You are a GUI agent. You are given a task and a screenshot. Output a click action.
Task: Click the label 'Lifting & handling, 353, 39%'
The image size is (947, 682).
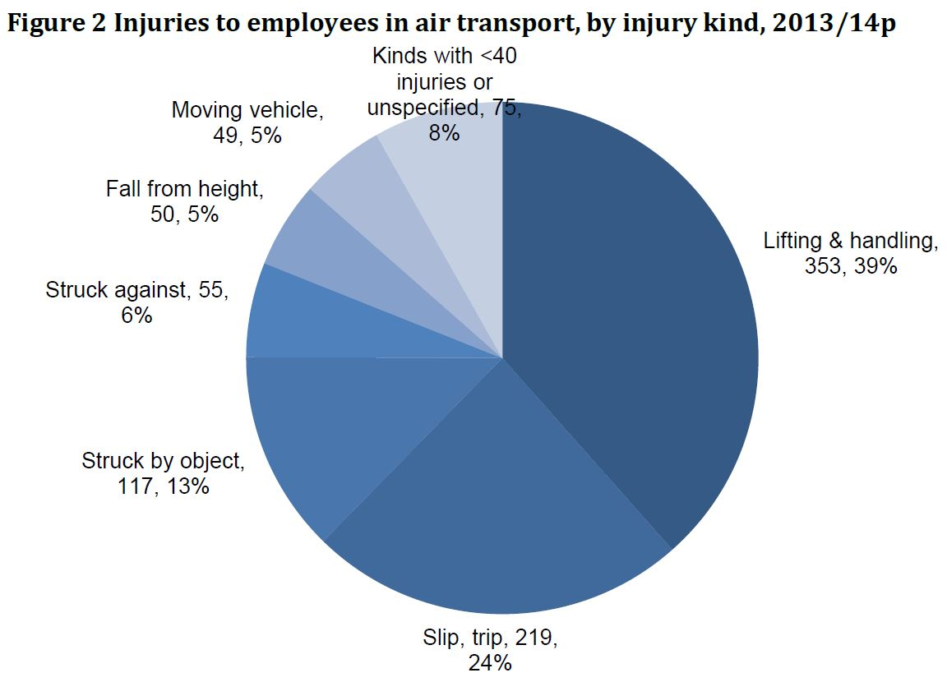click(x=850, y=253)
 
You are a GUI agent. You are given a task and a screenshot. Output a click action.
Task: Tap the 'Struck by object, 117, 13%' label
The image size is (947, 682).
click(x=163, y=473)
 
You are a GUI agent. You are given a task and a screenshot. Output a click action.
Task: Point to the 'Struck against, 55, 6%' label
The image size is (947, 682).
click(x=136, y=302)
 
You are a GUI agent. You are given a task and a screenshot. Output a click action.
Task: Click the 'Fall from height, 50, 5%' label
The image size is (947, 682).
click(x=184, y=201)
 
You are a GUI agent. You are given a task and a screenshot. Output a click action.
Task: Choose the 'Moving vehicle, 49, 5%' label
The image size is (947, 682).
click(x=247, y=122)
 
